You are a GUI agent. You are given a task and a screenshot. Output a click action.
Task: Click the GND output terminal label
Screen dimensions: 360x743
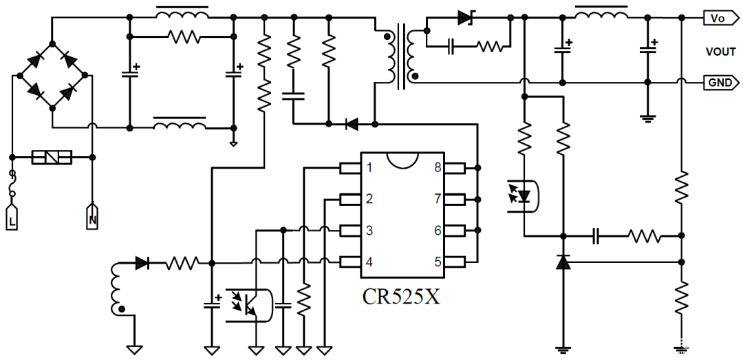(719, 83)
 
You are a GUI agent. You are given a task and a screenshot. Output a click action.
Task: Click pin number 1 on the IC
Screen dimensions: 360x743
(369, 167)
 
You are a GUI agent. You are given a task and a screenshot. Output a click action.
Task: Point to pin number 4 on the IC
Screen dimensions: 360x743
(369, 262)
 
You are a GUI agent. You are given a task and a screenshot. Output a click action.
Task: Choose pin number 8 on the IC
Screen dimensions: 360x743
(437, 167)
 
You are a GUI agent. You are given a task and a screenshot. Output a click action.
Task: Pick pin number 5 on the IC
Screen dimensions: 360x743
(437, 262)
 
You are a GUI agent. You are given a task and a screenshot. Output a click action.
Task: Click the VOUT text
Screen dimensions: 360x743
(720, 52)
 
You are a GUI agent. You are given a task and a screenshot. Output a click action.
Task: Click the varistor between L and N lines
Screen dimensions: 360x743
(52, 158)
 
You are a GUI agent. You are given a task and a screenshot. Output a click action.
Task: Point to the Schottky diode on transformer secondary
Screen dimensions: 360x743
(466, 17)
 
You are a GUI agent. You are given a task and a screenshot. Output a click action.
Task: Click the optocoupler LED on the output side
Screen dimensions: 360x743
(524, 197)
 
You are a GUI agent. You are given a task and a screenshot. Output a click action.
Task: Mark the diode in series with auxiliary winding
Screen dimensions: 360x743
(142, 262)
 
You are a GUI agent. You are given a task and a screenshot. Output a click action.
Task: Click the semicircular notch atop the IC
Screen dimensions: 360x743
(403, 159)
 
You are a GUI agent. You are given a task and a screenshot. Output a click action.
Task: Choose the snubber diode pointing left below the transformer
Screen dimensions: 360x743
(351, 125)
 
